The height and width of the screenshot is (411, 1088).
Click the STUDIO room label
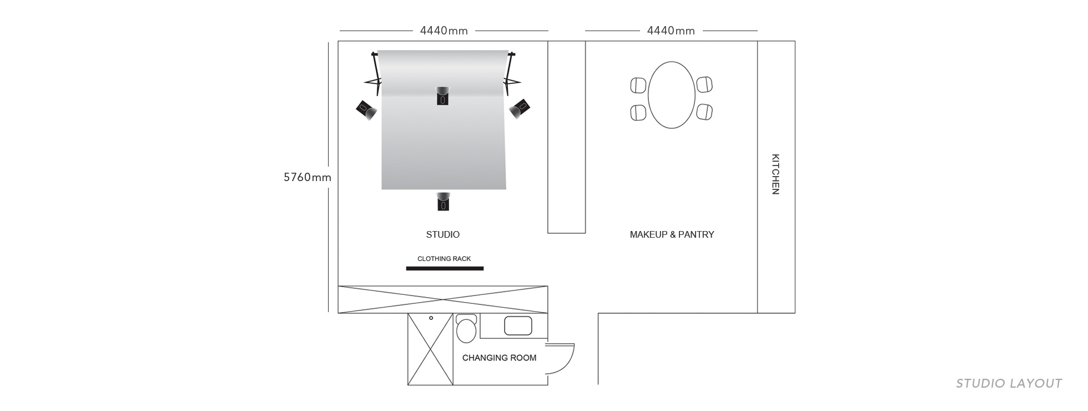pyautogui.click(x=442, y=234)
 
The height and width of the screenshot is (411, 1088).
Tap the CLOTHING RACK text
pyautogui.click(x=444, y=259)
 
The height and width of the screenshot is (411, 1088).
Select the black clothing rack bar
pyautogui.click(x=445, y=269)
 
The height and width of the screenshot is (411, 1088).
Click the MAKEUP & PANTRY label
pyautogui.click(x=672, y=234)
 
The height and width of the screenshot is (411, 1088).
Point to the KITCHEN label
pyautogui.click(x=775, y=174)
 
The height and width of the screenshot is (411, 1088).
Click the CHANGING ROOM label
pyautogui.click(x=499, y=358)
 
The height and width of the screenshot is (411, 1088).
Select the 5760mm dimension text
pyautogui.click(x=307, y=177)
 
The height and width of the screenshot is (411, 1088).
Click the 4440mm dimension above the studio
pyautogui.click(x=444, y=31)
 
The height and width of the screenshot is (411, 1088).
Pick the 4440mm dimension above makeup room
pyautogui.click(x=671, y=31)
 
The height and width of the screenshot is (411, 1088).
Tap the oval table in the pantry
pyautogui.click(x=672, y=95)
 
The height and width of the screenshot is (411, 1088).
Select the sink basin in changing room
pyautogui.click(x=518, y=325)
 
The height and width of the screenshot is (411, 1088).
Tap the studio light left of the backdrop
pyautogui.click(x=366, y=109)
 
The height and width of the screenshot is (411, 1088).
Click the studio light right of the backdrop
pyautogui.click(x=520, y=108)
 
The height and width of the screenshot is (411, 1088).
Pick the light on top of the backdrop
pyautogui.click(x=442, y=96)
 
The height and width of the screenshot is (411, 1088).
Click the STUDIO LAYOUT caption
pyautogui.click(x=1009, y=383)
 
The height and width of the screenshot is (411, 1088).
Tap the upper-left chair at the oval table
pyautogui.click(x=638, y=86)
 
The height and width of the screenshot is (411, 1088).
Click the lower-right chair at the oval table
pyautogui.click(x=705, y=112)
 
